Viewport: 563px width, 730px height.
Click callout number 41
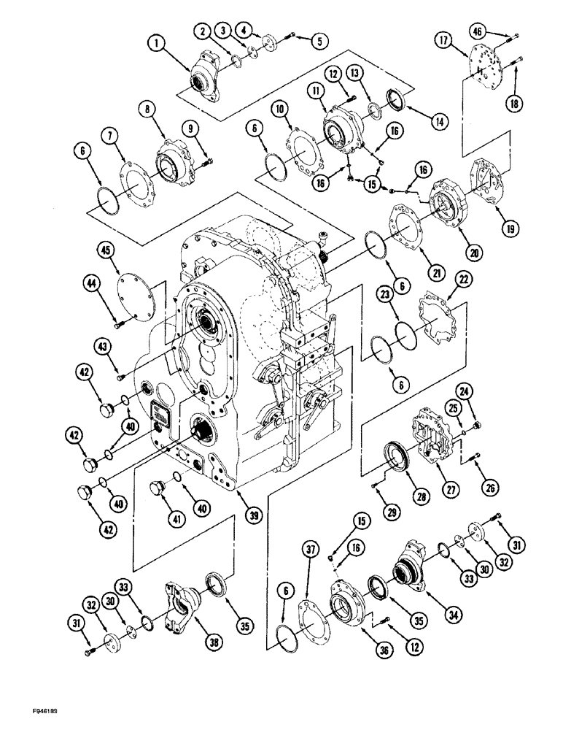pos(154,518)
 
